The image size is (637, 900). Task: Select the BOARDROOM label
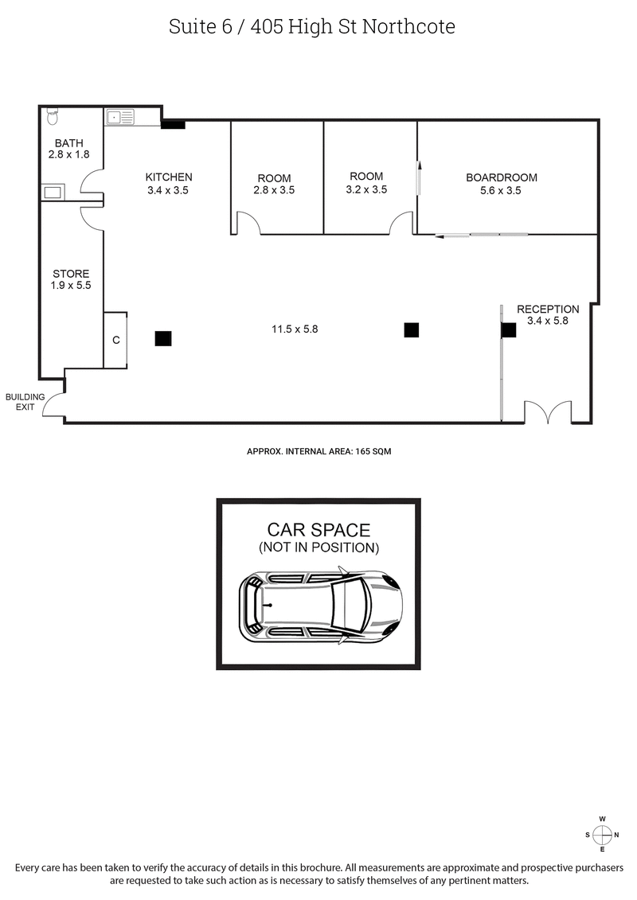point(502,177)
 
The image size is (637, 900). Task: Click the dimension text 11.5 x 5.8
point(294,329)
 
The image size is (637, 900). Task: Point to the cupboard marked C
point(115,340)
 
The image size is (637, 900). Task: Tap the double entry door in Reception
point(548,412)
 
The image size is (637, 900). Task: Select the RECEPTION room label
point(548,309)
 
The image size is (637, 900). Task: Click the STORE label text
point(71,274)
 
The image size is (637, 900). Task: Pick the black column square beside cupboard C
point(163,338)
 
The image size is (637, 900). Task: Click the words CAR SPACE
point(318,530)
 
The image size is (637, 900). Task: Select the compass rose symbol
point(603,834)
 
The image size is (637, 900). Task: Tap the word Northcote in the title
point(408,26)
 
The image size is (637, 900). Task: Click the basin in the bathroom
point(53,192)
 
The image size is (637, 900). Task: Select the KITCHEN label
point(168,177)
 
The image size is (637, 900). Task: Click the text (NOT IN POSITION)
point(318,547)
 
